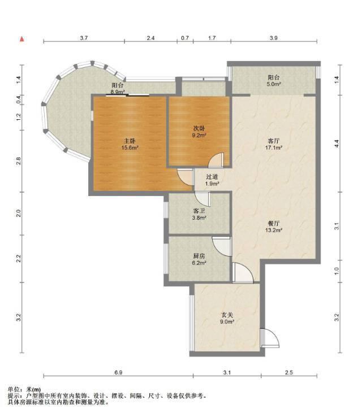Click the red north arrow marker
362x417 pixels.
pos(22,39)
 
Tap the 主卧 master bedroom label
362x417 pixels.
pos(130,144)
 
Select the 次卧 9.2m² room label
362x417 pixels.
pos(199,132)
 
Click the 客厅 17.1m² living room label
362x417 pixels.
pos(274,144)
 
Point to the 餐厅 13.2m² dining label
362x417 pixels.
pos(274,227)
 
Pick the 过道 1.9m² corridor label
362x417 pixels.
pos(212,180)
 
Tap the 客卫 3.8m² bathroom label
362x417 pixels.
pos(199,214)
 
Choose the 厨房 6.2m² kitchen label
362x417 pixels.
pos(199,259)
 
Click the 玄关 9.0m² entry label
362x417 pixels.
pos(227,318)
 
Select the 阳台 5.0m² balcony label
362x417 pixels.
pos(274,81)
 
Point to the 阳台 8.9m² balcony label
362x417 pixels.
pos(118,89)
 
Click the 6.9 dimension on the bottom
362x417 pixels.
pos(118,372)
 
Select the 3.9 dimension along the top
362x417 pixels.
pos(274,38)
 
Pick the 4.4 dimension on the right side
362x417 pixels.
pos(337,144)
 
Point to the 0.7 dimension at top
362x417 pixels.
pos(185,38)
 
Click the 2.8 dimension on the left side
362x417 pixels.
pos(18,161)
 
